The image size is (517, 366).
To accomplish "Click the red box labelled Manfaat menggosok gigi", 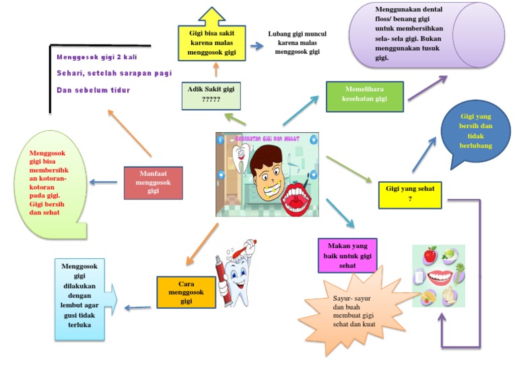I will (153, 182).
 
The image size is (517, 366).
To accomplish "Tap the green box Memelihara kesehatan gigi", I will (364, 96).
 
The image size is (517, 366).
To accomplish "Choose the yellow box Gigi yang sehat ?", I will (410, 193).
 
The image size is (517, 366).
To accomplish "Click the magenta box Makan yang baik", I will (347, 255).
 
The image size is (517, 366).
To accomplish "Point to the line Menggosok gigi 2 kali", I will (97, 57).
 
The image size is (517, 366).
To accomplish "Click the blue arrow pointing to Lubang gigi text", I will (255, 46).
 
